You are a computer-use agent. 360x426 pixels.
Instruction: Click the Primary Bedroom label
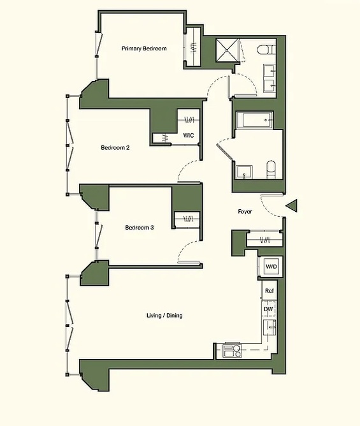(144, 48)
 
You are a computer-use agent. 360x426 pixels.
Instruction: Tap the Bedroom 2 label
(115, 147)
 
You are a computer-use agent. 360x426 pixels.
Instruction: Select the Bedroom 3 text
(140, 228)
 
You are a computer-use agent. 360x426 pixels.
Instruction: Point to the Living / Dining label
(164, 316)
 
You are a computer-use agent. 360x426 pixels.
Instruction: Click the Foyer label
(245, 211)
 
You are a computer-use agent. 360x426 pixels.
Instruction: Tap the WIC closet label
(189, 135)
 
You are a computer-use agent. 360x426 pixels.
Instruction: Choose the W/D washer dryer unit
(271, 267)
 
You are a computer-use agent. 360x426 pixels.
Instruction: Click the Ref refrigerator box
(270, 291)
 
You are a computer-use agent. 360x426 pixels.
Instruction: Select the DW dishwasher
(269, 309)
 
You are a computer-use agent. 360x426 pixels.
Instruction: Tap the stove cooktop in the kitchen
(232, 351)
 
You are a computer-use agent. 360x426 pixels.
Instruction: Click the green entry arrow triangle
(292, 205)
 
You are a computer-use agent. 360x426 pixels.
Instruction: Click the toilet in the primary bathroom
(266, 50)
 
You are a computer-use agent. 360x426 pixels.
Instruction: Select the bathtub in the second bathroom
(255, 120)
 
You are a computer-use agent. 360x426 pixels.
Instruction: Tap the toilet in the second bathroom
(271, 170)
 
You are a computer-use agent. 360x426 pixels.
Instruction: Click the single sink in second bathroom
(244, 172)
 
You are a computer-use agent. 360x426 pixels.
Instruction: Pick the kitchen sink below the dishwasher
(270, 328)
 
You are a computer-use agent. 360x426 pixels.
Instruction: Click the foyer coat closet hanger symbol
(264, 240)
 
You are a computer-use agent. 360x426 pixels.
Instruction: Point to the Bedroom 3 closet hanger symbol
(188, 219)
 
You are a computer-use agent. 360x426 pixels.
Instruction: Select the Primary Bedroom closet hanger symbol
(193, 47)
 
